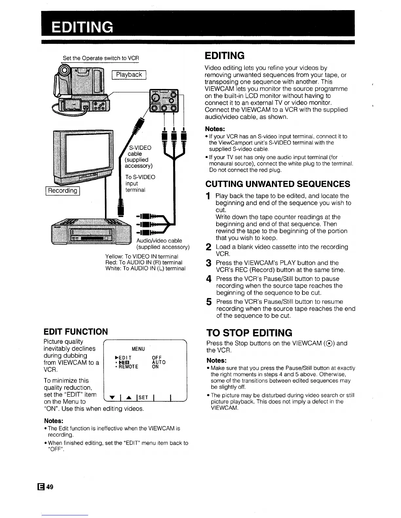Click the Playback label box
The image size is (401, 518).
point(129,75)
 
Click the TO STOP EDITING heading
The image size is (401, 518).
point(249,333)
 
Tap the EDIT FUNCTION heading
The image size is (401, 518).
point(76,332)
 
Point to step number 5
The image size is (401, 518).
point(208,302)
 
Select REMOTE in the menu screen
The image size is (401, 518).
point(128,367)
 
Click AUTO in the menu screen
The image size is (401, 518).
point(159,362)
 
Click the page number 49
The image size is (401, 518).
point(49,487)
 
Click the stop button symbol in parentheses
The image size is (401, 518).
point(329,344)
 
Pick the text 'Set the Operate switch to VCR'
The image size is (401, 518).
point(101,58)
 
